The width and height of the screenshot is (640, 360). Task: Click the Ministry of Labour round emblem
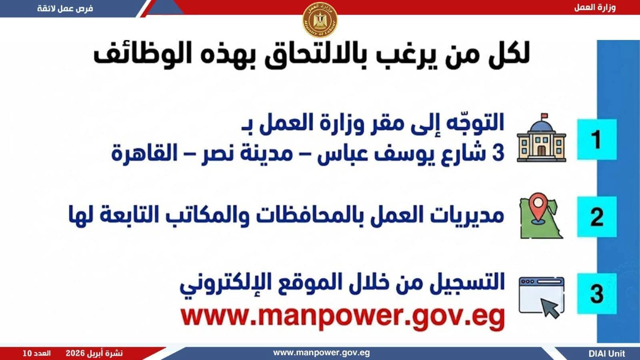[x=320, y=20]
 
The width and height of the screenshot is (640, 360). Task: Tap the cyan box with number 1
[x=597, y=140]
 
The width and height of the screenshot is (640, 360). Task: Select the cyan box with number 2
[x=597, y=216]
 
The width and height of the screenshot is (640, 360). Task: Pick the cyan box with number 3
[x=597, y=294]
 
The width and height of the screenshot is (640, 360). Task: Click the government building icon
[x=542, y=138]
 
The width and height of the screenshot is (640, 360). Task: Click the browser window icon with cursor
[x=542, y=297]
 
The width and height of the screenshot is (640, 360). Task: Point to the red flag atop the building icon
[x=544, y=116]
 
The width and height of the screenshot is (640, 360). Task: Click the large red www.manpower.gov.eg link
[x=342, y=317]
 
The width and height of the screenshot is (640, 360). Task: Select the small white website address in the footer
[x=322, y=353]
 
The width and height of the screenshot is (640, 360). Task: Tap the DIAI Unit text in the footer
[x=607, y=354]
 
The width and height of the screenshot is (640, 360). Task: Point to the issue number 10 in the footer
[x=27, y=354]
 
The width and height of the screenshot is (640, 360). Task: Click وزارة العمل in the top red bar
[x=595, y=8]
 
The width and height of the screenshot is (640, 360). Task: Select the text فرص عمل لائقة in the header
[x=65, y=8]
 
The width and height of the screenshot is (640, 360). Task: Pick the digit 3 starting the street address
[x=498, y=153]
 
